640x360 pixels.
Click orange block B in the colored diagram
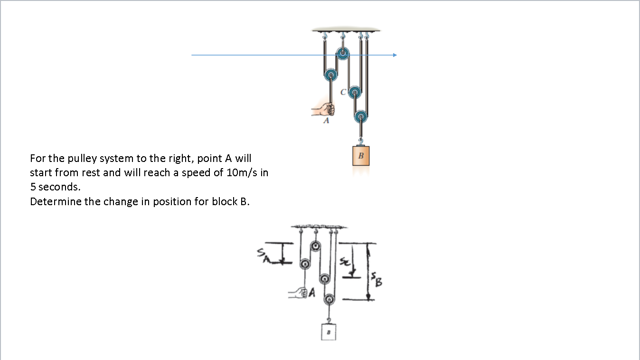(361, 155)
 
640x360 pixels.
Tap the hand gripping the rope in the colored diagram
(325, 109)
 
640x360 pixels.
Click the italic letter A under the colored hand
(326, 121)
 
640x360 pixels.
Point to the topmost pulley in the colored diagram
(342, 53)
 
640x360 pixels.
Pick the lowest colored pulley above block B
(361, 115)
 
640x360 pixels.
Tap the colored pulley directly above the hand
(330, 75)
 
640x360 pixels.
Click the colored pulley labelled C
(354, 92)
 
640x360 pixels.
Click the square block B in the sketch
(328, 331)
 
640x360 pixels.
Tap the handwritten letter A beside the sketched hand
(312, 294)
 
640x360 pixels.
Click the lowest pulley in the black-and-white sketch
(329, 300)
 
